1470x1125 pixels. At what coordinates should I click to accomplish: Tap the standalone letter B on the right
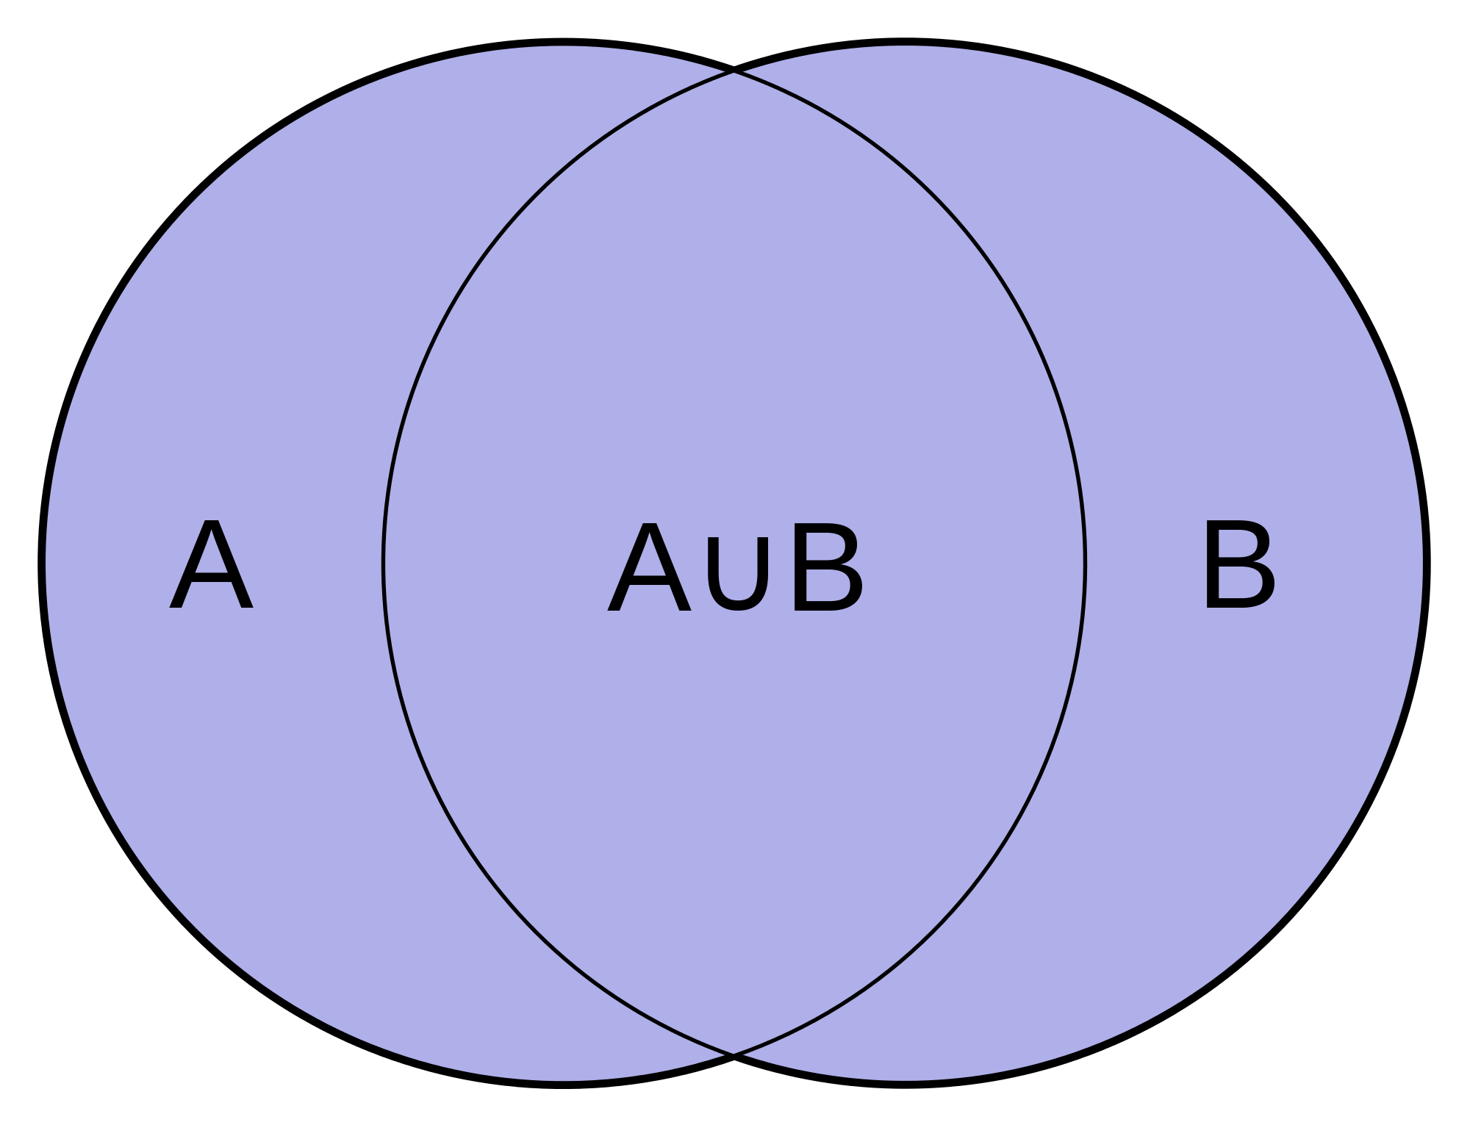click(x=1239, y=564)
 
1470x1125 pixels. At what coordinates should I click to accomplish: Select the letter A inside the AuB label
click(x=649, y=567)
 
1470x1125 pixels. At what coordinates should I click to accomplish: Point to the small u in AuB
click(x=737, y=573)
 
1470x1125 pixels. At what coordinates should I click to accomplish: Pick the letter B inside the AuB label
click(x=827, y=567)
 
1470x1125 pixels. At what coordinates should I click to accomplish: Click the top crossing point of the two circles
click(x=734, y=71)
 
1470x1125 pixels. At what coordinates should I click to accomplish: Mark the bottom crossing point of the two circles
click(x=734, y=1054)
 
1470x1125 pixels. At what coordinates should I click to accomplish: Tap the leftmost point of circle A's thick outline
click(x=43, y=563)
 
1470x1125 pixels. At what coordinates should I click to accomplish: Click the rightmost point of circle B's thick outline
click(x=1426, y=563)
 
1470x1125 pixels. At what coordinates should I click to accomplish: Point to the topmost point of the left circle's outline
click(x=562, y=43)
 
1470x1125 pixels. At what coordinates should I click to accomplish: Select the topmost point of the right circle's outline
click(x=906, y=43)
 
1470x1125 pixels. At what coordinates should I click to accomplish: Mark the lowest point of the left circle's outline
click(x=562, y=1084)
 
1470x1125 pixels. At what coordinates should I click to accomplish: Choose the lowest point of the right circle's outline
click(x=906, y=1084)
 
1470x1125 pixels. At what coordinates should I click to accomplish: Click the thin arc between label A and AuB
click(x=384, y=564)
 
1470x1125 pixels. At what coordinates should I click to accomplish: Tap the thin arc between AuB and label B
click(x=1085, y=564)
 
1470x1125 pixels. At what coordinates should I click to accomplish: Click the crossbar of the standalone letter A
click(x=212, y=581)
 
